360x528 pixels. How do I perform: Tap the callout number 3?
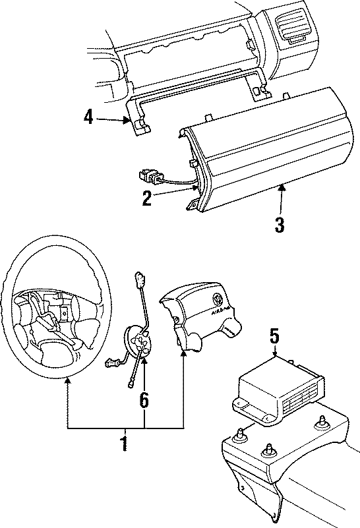280,225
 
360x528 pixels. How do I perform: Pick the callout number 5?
275,336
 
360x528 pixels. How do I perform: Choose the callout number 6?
144,399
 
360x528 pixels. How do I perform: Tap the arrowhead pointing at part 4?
127,120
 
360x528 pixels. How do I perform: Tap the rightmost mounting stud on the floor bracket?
322,424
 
